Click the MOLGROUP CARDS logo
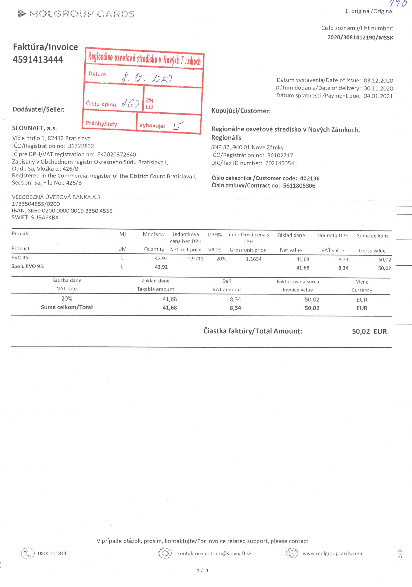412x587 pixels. (76, 13)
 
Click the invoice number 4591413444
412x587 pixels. (38, 60)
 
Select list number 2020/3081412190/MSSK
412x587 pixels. (360, 37)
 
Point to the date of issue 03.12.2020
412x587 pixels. (378, 81)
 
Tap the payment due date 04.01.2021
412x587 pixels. (378, 96)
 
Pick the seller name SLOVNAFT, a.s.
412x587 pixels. (35, 128)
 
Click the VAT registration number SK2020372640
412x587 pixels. (116, 154)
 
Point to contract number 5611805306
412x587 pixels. (299, 186)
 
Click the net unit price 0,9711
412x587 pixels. (195, 259)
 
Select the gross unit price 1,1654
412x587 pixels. (253, 259)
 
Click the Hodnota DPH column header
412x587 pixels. (333, 236)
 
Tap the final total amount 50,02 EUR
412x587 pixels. (369, 331)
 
